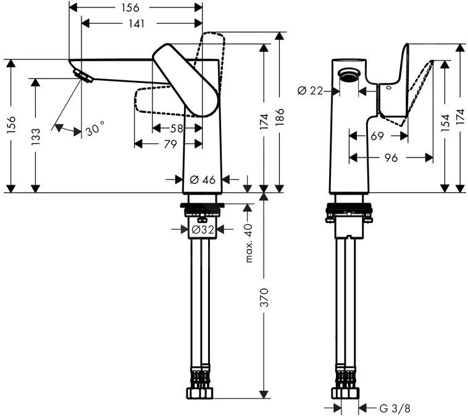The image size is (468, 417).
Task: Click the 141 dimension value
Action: click(x=136, y=23)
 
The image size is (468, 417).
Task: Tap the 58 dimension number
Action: click(x=176, y=128)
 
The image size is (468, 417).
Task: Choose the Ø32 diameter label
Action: click(x=203, y=229)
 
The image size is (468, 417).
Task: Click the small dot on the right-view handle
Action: click(x=388, y=88)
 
